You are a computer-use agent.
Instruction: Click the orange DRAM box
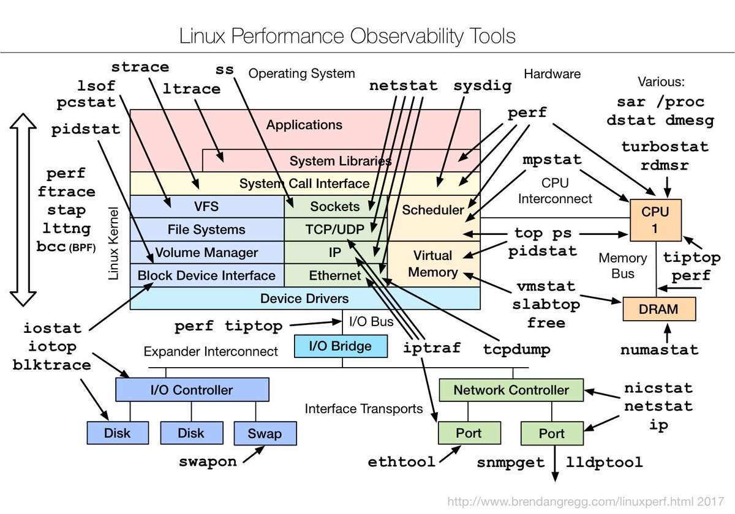pos(659,309)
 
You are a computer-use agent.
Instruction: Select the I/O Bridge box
pos(341,346)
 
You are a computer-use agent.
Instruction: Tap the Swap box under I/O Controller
pos(265,434)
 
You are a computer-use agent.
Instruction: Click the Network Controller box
pos(511,390)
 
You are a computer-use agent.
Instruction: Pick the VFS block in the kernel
pos(206,206)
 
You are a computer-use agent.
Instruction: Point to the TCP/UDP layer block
pos(336,229)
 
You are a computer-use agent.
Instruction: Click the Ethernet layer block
pos(336,275)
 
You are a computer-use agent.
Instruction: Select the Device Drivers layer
pos(304,299)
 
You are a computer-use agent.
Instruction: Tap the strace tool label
pos(141,67)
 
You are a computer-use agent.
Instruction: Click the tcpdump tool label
pos(516,349)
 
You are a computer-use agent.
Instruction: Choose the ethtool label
pos(402,461)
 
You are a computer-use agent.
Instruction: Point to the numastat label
pos(659,350)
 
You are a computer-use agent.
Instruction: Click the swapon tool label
pos(208,461)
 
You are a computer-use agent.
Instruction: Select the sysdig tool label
pos(483,86)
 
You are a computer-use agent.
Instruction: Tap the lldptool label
pos(604,462)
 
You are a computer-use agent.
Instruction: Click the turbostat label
pos(665,147)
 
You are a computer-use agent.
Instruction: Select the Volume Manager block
pos(206,252)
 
